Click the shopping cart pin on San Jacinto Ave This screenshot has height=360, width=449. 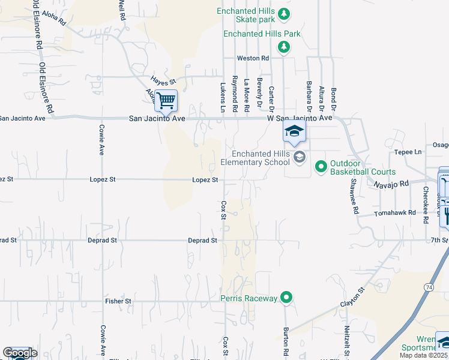pos(166,100)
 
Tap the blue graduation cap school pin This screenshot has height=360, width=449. pos(294,131)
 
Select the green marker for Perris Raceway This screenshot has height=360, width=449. pos(287,297)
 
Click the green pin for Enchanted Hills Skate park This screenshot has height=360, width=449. pos(285,14)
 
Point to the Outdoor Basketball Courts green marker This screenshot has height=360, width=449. pos(321,165)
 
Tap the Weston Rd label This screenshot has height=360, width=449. pos(253,58)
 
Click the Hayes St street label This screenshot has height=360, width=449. pos(163,81)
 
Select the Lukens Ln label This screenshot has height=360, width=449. pos(222,97)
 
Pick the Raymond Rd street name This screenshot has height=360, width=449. pos(235,95)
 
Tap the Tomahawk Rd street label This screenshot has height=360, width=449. pos(395,213)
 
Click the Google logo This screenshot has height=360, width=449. pos(20,353)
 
